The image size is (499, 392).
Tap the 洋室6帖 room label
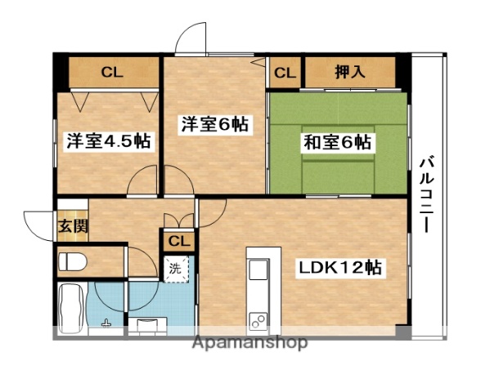click(x=214, y=125)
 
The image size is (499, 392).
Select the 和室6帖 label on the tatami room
click(x=338, y=142)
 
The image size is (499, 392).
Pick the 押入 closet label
click(x=349, y=73)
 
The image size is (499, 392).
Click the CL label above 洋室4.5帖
click(x=112, y=73)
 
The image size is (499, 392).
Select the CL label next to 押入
click(x=284, y=73)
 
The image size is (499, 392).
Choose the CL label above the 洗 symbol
click(x=178, y=242)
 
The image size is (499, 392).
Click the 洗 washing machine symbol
click(x=175, y=268)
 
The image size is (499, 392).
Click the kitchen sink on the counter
click(x=257, y=270)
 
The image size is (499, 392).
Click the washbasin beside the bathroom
click(x=147, y=325)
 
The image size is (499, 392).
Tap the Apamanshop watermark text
click(x=249, y=344)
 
